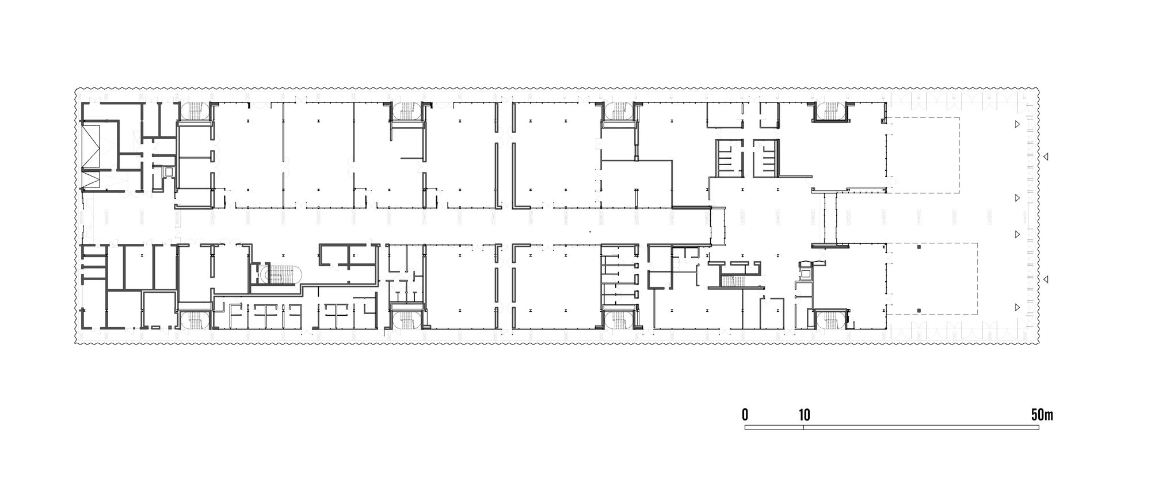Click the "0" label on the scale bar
pos(745,414)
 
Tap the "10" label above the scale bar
pos(804,414)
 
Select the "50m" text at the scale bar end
pos(1042,414)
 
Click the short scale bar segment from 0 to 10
pos(774,428)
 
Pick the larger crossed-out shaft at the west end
pos(91,144)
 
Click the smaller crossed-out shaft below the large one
pos(91,179)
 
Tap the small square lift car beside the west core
pos(168,171)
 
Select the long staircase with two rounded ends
pos(279,274)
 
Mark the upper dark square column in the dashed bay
pos(919,247)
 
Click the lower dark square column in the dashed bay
pos(919,311)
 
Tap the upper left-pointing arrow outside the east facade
pos(1047,156)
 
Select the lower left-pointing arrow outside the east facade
pos(1047,279)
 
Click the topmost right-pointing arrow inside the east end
pos(1017,124)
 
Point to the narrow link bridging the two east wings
pos(830,219)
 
